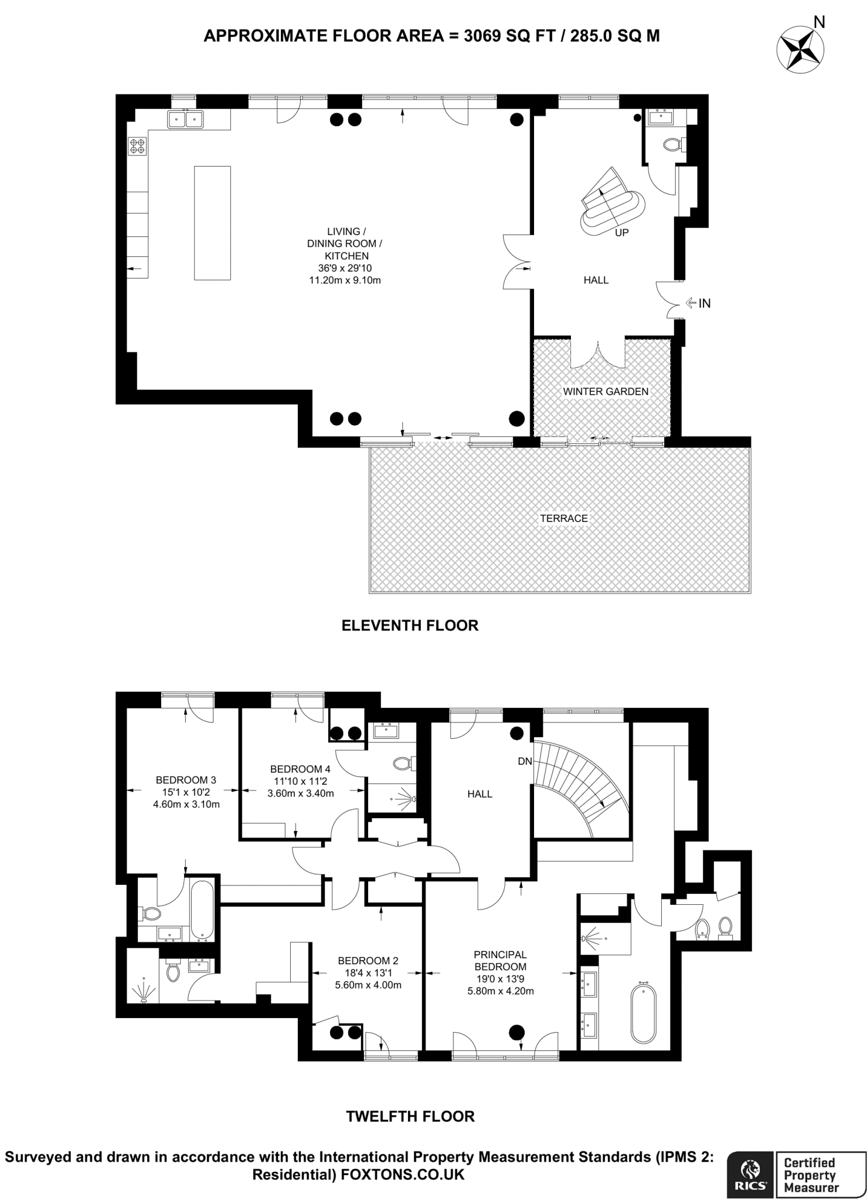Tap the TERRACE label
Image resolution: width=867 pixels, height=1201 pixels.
(563, 518)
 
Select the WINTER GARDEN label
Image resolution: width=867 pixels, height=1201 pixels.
(606, 391)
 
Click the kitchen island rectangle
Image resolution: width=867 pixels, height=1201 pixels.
(212, 223)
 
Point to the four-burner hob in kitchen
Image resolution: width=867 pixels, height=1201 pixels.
(138, 146)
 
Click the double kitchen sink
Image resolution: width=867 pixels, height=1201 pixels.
(185, 119)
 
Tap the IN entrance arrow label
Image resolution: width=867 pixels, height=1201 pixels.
(704, 303)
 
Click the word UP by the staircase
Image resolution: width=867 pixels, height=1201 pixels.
(622, 233)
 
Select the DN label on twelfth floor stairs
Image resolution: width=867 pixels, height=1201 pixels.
(525, 761)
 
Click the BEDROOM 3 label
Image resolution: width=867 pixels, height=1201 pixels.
(186, 780)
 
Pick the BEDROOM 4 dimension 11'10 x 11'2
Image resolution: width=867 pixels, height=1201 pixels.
(300, 781)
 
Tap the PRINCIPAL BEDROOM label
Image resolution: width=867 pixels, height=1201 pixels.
(500, 961)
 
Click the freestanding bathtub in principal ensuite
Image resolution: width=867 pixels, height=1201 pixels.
(643, 1014)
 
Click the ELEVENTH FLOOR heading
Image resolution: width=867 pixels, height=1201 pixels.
(410, 625)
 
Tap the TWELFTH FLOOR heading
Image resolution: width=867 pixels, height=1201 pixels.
(410, 1116)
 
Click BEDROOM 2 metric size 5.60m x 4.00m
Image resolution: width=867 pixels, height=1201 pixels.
(368, 985)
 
